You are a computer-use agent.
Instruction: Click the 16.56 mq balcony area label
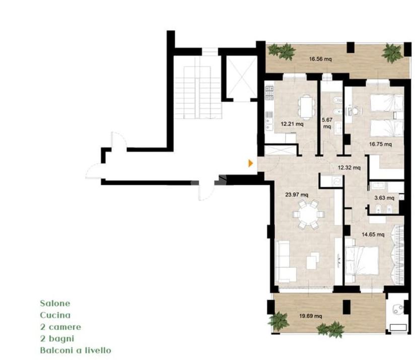point(320,59)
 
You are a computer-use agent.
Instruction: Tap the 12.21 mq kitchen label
point(292,124)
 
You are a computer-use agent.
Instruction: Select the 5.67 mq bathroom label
point(327,123)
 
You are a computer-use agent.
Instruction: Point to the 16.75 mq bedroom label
point(380,145)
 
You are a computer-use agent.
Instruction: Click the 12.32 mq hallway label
point(349,168)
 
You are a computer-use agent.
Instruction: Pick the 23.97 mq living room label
point(297,195)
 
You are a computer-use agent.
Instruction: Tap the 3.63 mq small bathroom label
point(384,198)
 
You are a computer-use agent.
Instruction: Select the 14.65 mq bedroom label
point(373,235)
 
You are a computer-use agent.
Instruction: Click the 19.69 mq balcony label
point(311,316)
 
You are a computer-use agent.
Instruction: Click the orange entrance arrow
point(250,163)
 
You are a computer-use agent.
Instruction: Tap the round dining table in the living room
point(308,214)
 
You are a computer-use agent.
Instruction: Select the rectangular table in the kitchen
point(307,107)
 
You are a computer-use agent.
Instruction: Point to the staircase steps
point(198,92)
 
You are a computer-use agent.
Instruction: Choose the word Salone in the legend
point(55,304)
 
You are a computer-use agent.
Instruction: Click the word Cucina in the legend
point(55,315)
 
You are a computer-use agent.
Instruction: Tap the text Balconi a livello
point(76,350)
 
